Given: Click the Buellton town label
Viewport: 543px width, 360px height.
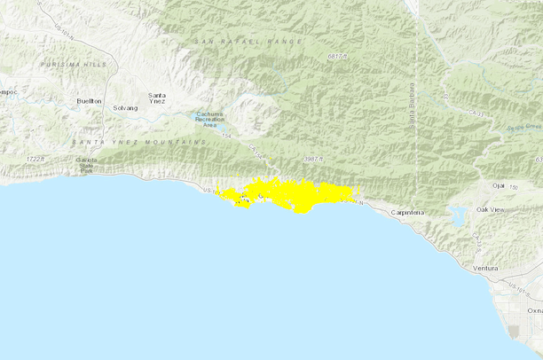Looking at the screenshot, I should (90, 102).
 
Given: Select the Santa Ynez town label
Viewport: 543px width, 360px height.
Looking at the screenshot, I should (157, 98).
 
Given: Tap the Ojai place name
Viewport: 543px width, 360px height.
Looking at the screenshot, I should (499, 185).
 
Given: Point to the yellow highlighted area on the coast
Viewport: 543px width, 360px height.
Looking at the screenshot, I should (288, 193).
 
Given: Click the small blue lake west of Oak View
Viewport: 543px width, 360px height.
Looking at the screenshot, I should (458, 215).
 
